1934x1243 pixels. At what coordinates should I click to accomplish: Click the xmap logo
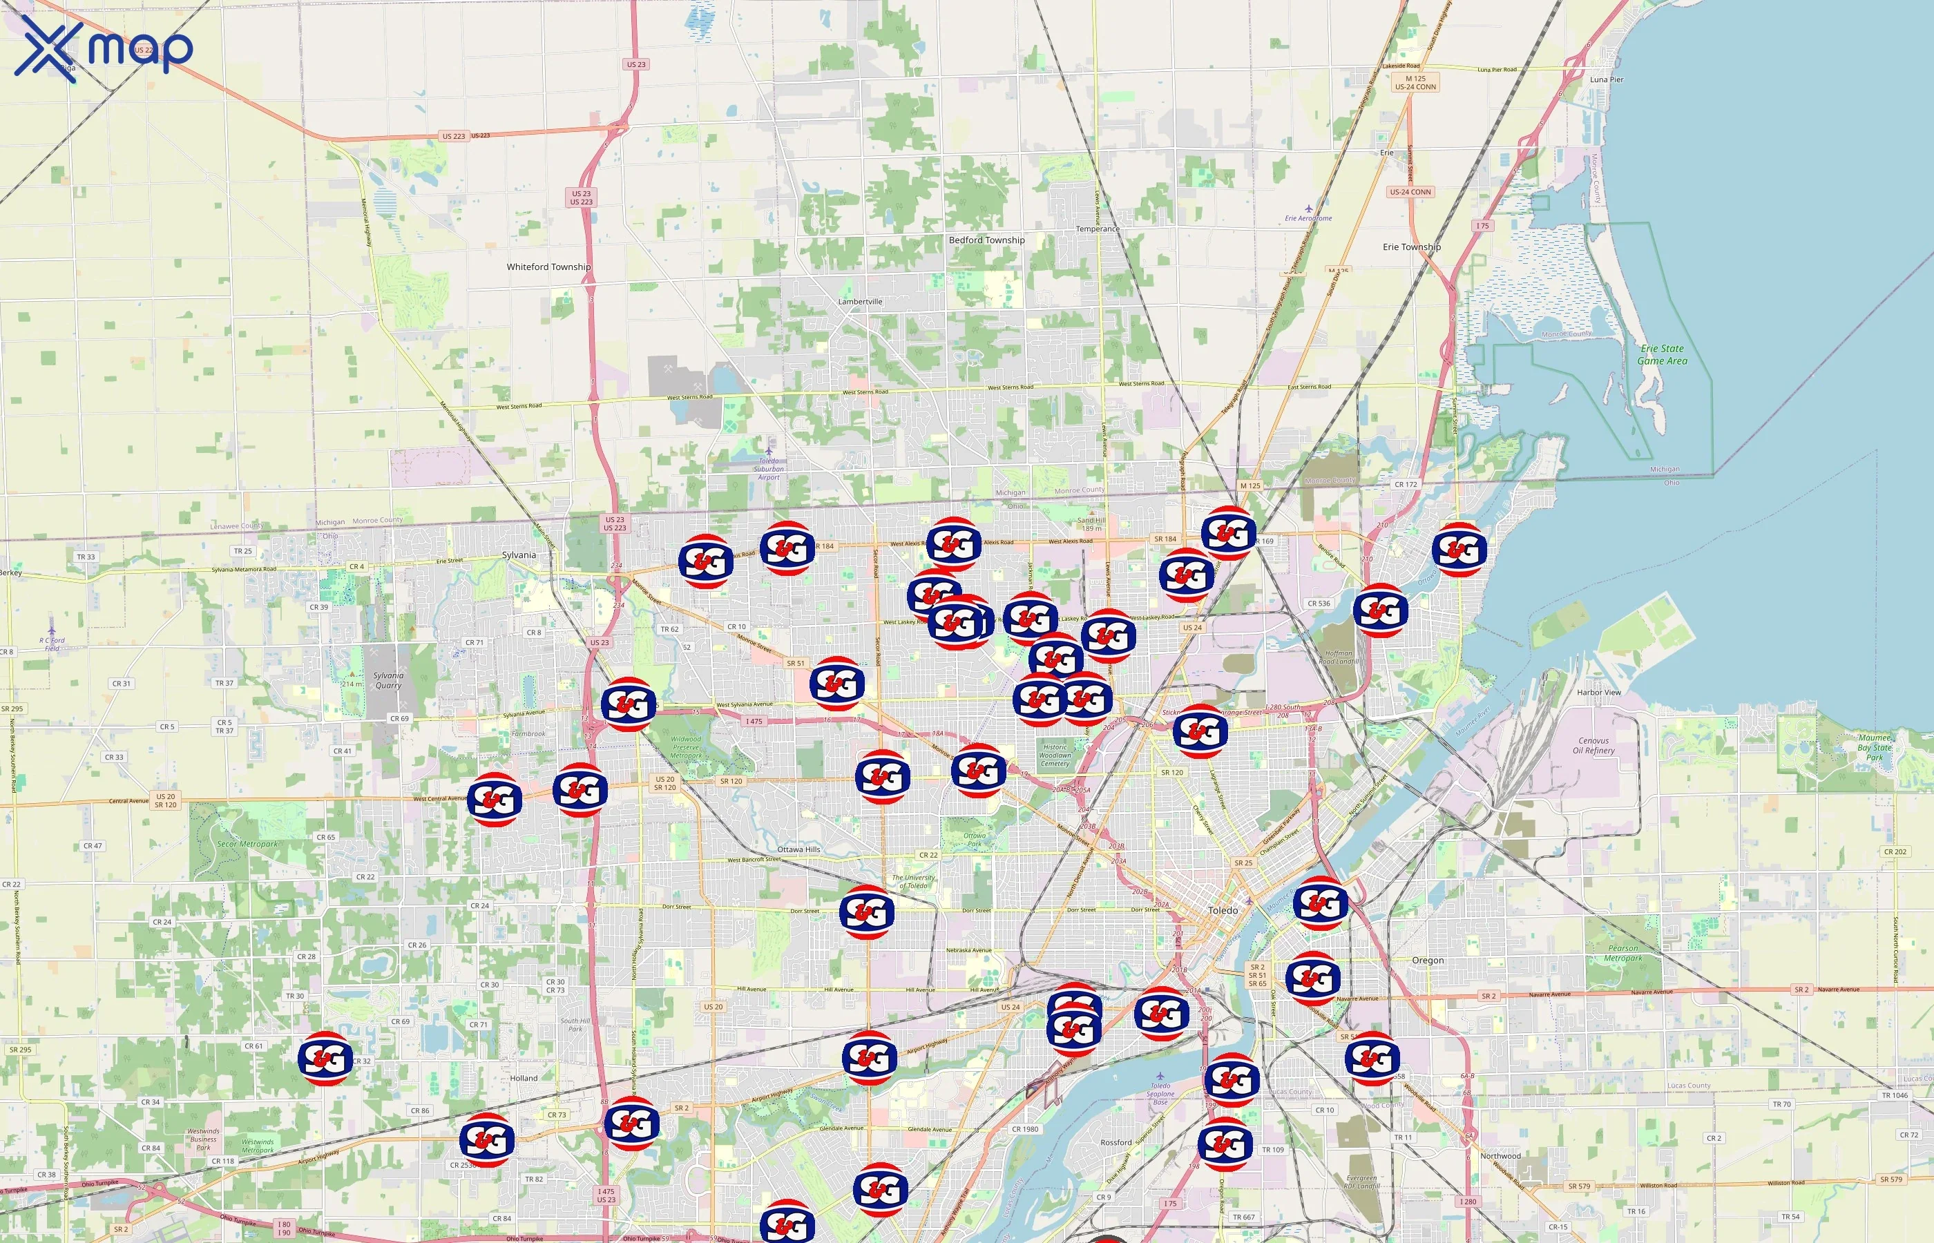pyautogui.click(x=104, y=48)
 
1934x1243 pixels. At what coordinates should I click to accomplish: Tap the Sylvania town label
pyautogui.click(x=518, y=555)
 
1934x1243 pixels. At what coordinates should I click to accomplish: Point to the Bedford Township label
pyautogui.click(x=986, y=240)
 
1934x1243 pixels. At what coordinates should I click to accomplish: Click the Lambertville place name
pyautogui.click(x=860, y=302)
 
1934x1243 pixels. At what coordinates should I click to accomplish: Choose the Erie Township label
pyautogui.click(x=1411, y=247)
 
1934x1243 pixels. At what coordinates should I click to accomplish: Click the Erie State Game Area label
pyautogui.click(x=1661, y=355)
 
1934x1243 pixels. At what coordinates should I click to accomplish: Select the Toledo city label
pyautogui.click(x=1222, y=910)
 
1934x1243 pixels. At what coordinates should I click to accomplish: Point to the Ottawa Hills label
pyautogui.click(x=798, y=850)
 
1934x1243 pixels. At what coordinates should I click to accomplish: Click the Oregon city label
pyautogui.click(x=1427, y=961)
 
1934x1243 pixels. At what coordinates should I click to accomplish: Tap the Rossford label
pyautogui.click(x=1116, y=1143)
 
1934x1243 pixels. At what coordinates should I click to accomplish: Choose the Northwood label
pyautogui.click(x=1500, y=1157)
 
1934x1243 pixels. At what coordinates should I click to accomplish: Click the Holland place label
pyautogui.click(x=523, y=1079)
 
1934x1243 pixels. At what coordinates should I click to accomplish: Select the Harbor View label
pyautogui.click(x=1598, y=693)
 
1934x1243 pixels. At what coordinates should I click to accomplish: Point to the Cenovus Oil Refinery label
pyautogui.click(x=1593, y=746)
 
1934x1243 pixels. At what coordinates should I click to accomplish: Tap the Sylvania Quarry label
pyautogui.click(x=387, y=680)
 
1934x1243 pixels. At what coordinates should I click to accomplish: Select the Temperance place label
pyautogui.click(x=1097, y=229)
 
